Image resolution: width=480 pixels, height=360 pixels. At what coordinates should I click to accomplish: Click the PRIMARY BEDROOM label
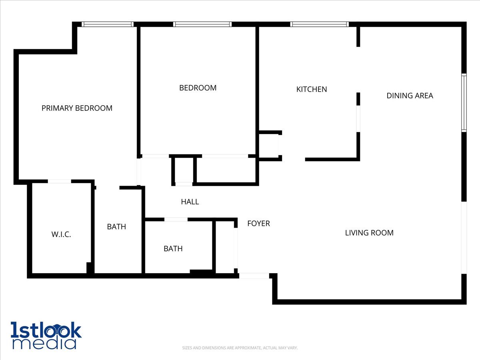pos(77,108)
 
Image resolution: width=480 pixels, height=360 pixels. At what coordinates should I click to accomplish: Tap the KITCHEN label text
pos(311,89)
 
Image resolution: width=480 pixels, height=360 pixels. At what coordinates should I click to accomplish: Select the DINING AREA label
pos(410,96)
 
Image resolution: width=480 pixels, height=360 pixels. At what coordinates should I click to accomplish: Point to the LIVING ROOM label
pos(369,232)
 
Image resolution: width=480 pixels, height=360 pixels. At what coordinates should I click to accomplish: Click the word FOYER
pos(258,223)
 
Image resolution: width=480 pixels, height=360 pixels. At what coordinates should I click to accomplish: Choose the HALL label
pos(190,202)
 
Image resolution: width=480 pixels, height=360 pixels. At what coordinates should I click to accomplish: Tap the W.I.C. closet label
pos(61,234)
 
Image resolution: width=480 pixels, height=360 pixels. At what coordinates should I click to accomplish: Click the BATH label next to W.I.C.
pos(116,227)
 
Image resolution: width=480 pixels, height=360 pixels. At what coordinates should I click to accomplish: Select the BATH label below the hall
pos(173,248)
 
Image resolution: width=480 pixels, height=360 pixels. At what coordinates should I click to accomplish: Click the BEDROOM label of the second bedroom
pos(198,88)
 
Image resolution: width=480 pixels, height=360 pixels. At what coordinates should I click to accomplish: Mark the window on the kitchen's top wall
pos(319,24)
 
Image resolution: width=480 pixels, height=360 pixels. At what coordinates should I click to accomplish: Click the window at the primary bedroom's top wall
pos(107,24)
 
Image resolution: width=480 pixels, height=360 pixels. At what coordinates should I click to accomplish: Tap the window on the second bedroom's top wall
pos(202,24)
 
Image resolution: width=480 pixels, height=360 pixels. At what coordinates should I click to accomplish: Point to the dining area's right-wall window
pos(464,103)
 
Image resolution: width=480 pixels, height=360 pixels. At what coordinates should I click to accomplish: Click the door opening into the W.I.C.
pos(59,182)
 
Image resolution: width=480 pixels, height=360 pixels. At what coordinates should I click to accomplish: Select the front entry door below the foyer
pos(254,276)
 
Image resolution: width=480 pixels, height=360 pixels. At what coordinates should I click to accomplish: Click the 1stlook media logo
pos(46,335)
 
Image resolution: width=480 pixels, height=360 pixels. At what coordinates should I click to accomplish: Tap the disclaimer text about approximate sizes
pos(240,348)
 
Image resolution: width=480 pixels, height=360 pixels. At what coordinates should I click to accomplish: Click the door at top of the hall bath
pos(176,219)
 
